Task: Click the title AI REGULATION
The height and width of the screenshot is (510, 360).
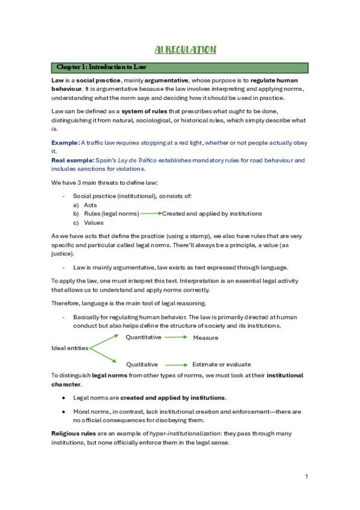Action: (182, 49)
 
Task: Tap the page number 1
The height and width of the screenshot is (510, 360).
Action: (307, 477)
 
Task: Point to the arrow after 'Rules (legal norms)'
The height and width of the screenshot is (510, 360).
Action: (150, 214)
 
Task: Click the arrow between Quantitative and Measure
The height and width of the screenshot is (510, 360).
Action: (176, 337)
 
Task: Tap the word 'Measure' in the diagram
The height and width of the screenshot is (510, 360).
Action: (206, 338)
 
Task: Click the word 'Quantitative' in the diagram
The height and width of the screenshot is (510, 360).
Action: (144, 337)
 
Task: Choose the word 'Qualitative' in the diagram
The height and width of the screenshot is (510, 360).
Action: (142, 364)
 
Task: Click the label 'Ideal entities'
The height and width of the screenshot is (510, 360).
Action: (70, 348)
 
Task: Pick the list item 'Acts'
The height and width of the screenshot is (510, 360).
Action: (90, 205)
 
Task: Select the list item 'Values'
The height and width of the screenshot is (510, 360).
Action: (93, 223)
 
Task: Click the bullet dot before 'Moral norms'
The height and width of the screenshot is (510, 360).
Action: (64, 412)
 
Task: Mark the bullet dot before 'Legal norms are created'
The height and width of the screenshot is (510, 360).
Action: (64, 398)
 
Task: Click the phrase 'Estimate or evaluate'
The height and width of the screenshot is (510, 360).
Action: (221, 364)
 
